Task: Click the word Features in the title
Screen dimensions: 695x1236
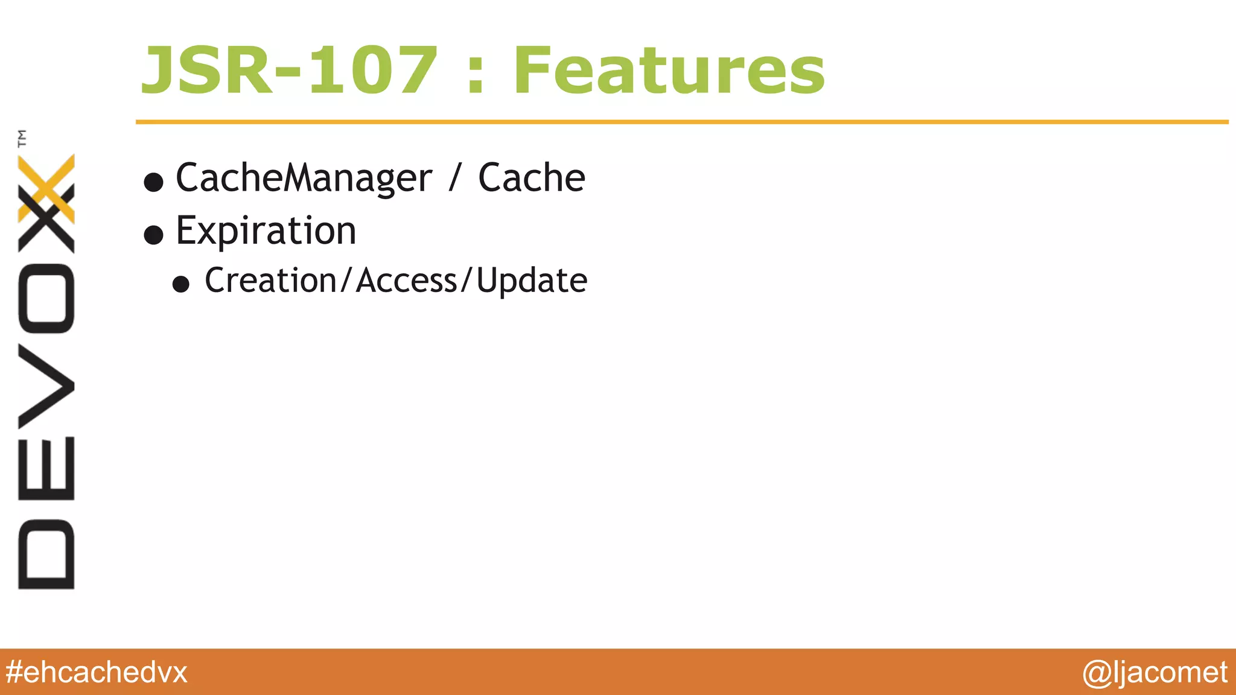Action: click(669, 71)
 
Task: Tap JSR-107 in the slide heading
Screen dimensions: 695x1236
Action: click(288, 71)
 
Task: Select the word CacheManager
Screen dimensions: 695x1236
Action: click(304, 179)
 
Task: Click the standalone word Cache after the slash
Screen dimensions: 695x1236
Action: click(531, 178)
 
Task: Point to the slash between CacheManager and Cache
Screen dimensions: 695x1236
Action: click(454, 179)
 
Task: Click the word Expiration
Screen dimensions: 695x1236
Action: click(266, 231)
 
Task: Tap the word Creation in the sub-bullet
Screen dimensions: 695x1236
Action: click(270, 281)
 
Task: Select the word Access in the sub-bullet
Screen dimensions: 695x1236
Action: click(407, 281)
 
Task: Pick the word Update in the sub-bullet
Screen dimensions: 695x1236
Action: click(531, 281)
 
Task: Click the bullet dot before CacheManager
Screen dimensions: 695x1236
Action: click(154, 182)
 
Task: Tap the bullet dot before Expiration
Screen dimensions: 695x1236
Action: click(154, 235)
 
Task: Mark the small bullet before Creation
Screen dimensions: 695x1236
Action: click(180, 284)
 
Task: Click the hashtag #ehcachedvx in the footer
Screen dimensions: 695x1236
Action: click(97, 672)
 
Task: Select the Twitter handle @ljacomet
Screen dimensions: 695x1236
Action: click(1155, 672)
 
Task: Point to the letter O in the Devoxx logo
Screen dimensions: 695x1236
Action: click(46, 298)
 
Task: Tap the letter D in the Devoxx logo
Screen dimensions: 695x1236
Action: click(46, 554)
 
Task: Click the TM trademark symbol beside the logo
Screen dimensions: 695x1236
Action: click(22, 138)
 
